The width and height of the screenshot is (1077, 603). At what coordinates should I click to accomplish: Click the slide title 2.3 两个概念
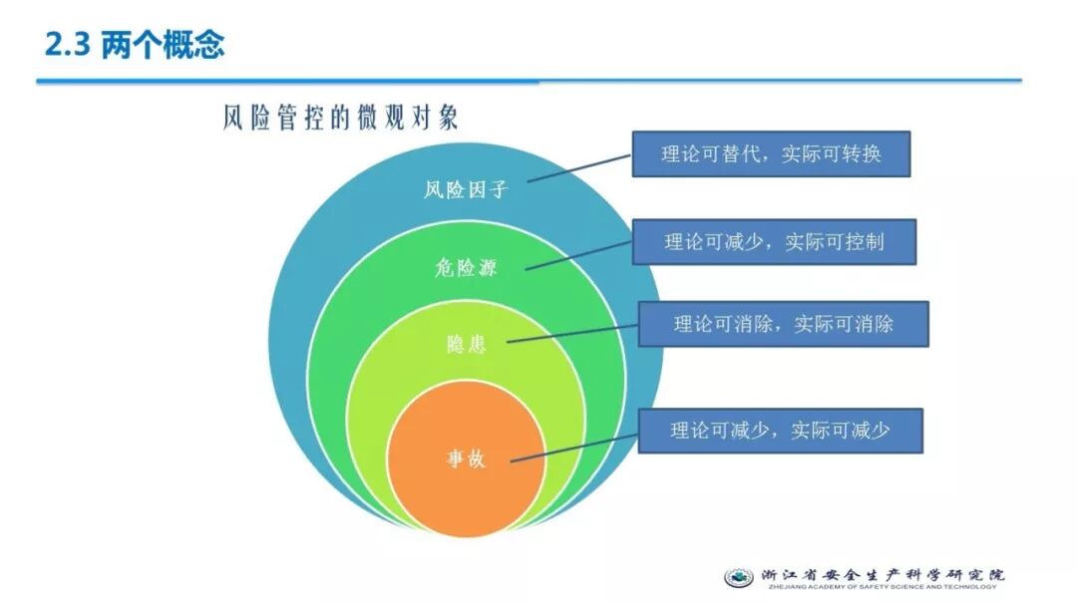coord(136,44)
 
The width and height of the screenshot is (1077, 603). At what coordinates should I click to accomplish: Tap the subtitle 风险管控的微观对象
coord(340,118)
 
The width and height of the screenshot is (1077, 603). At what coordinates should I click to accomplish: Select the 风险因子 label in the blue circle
coord(466,189)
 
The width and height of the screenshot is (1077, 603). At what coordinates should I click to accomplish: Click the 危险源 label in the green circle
coord(465,267)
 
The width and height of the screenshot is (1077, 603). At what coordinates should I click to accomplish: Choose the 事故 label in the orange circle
coord(466,459)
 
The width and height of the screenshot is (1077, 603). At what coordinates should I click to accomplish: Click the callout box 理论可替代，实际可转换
coord(771,154)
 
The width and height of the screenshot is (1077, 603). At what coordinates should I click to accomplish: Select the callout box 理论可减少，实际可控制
coord(774,241)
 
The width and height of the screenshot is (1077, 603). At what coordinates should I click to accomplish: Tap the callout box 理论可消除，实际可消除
coord(783,324)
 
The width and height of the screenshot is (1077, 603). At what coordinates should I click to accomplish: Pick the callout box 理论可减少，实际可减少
coord(780,431)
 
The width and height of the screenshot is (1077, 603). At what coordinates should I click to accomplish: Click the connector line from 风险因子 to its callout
coord(579,167)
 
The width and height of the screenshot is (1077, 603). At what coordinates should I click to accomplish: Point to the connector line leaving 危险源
coord(578,254)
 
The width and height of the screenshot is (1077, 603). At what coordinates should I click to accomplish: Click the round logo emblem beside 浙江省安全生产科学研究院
coord(739,577)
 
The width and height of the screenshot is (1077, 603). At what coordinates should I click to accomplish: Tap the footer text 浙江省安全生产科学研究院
coord(883,574)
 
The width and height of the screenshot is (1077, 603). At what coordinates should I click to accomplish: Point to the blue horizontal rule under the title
coord(529,81)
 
